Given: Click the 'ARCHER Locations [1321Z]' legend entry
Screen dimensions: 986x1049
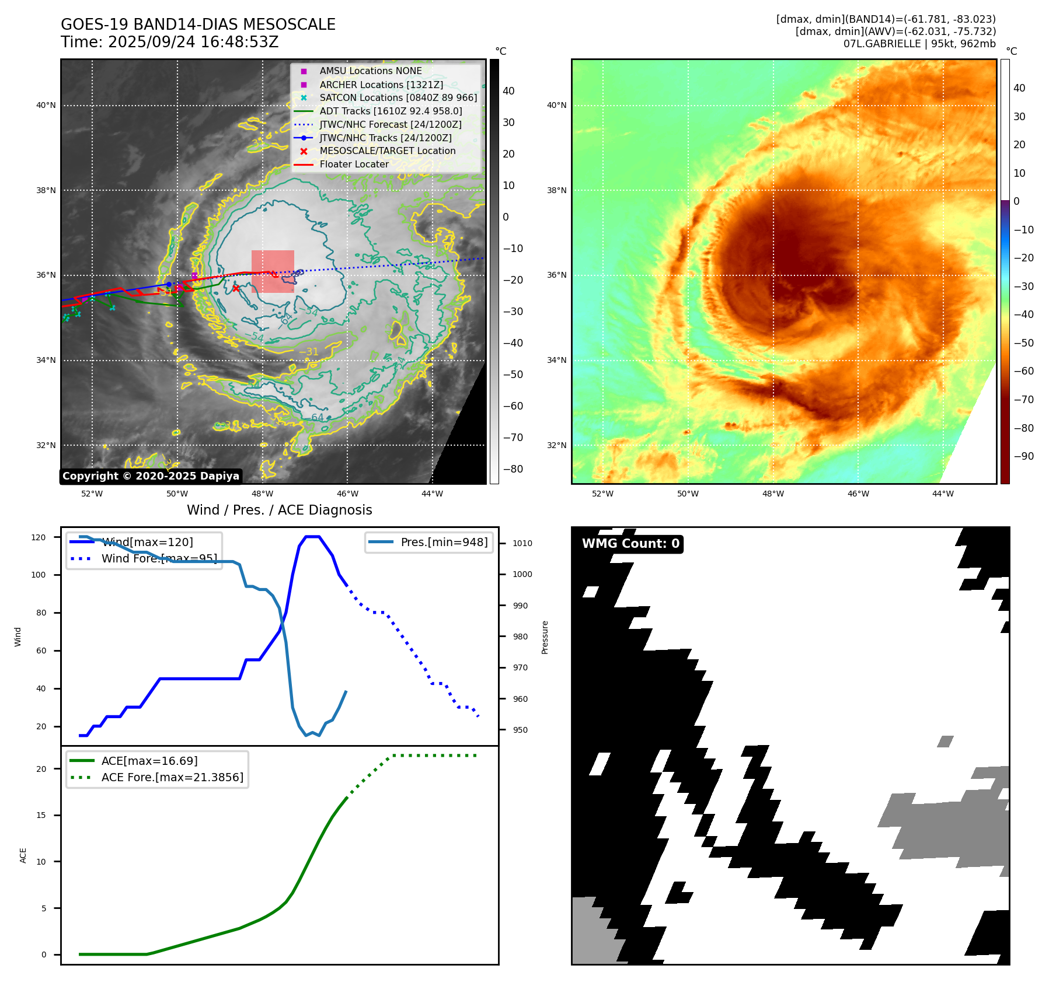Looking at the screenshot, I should coord(381,85).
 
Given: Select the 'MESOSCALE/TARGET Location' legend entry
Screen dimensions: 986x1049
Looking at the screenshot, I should coord(387,151).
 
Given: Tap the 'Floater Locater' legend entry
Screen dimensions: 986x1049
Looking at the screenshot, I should coord(354,164).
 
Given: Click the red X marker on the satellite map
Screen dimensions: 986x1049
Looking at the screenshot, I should coord(236,288).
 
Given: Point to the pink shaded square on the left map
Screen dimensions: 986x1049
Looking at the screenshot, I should coord(273,271).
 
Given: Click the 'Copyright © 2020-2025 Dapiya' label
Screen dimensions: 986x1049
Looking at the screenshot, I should coord(151,476).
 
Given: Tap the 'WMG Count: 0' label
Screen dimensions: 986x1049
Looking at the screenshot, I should coord(630,544).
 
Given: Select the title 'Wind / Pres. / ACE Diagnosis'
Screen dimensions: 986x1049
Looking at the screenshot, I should coord(279,510).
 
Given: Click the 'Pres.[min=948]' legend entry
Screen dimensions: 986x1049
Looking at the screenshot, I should coord(444,542).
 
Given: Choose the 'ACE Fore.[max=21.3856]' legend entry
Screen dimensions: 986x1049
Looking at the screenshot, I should coord(172,777).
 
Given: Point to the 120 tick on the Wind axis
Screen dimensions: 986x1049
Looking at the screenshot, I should coord(39,537).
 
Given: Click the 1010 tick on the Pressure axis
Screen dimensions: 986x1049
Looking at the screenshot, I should coord(522,543).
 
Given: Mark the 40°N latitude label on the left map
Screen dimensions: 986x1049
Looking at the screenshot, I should coord(46,106).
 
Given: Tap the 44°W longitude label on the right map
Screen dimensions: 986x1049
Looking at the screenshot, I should coord(943,494).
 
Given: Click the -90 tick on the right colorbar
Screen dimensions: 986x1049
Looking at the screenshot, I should coord(1023,456).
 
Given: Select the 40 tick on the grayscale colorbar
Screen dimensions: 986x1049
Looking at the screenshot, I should coord(508,91).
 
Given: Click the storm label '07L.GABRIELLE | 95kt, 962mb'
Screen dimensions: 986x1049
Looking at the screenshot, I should coord(919,44).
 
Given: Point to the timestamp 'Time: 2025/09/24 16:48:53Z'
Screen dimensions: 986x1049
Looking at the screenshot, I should coord(170,42).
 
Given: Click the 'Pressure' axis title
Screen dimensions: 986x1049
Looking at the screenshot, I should coord(545,637).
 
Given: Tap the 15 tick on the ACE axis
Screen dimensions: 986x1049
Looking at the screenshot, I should coord(41,815).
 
